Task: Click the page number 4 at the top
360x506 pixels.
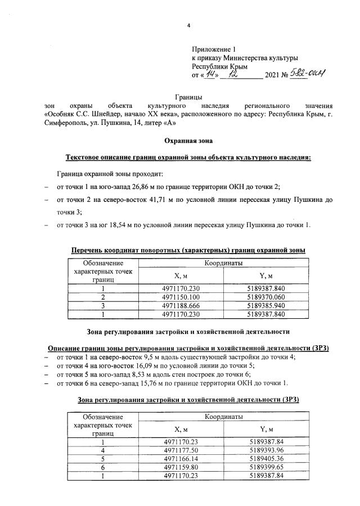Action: pyautogui.click(x=189, y=26)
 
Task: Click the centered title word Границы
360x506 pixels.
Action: pyautogui.click(x=189, y=98)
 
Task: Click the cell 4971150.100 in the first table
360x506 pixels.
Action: pyautogui.click(x=181, y=297)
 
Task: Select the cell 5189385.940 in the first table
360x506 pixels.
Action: pyautogui.click(x=266, y=305)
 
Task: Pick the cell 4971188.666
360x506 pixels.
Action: pyautogui.click(x=181, y=305)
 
